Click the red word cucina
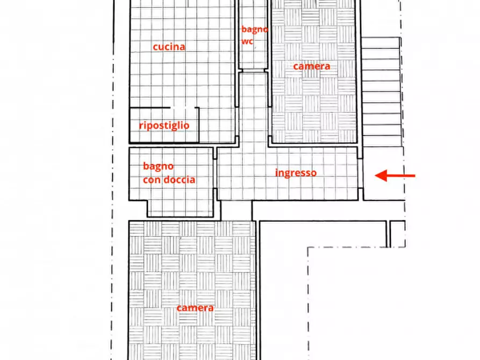point(169,47)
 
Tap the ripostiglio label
point(164,125)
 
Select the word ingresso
point(296,172)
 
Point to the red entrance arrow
point(395,175)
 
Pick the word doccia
point(178,180)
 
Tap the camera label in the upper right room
point(311,66)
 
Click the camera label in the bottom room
point(195,308)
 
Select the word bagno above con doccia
point(158,167)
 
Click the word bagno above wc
point(254,29)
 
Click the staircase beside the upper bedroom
point(381,91)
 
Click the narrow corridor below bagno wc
point(253,107)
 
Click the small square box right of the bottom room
point(397,234)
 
